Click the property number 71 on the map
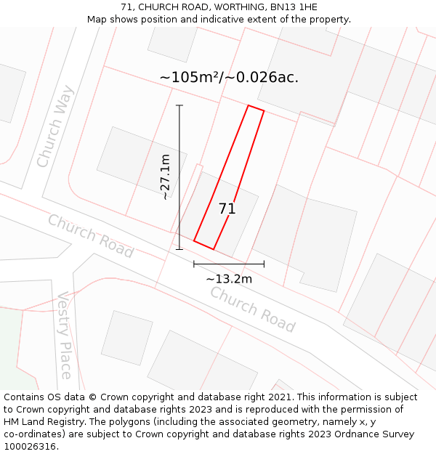click(227, 209)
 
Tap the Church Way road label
click(56, 126)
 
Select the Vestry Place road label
click(66, 335)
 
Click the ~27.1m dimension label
click(166, 177)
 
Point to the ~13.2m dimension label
click(229, 279)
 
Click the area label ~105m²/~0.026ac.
click(229, 77)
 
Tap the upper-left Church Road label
click(91, 235)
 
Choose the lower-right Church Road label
click(253, 309)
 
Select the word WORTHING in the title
click(230, 7)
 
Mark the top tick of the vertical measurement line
click(179, 105)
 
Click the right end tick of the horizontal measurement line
click(264, 264)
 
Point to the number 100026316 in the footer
click(31, 447)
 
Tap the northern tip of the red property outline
click(249, 106)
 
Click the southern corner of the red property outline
click(213, 249)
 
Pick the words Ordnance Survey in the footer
click(375, 434)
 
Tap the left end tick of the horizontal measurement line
click(194, 264)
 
